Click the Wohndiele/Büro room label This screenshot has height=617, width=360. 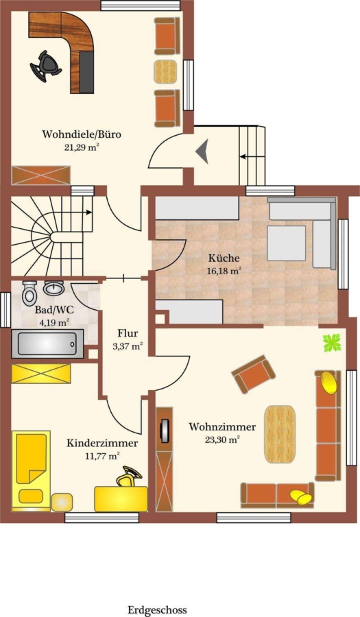tap(82, 134)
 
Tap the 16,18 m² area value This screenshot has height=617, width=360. tap(224, 271)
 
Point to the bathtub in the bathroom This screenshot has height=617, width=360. tap(47, 344)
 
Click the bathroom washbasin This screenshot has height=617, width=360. tap(54, 289)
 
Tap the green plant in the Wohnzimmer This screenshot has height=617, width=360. tap(332, 343)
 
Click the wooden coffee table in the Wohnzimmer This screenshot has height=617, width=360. tap(280, 434)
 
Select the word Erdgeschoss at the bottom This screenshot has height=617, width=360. tap(157, 610)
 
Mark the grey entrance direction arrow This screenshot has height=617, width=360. tap(202, 152)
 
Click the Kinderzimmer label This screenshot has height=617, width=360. tap(102, 443)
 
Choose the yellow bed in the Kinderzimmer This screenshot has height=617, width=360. tap(31, 470)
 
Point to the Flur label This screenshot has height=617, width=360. tap(128, 333)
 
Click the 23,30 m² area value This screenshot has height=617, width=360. tap(222, 439)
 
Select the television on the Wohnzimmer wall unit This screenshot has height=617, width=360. tap(164, 429)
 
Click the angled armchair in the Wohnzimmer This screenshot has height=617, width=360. tap(254, 374)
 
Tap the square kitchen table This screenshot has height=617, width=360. tap(287, 243)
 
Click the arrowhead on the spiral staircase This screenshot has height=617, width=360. tap(89, 213)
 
